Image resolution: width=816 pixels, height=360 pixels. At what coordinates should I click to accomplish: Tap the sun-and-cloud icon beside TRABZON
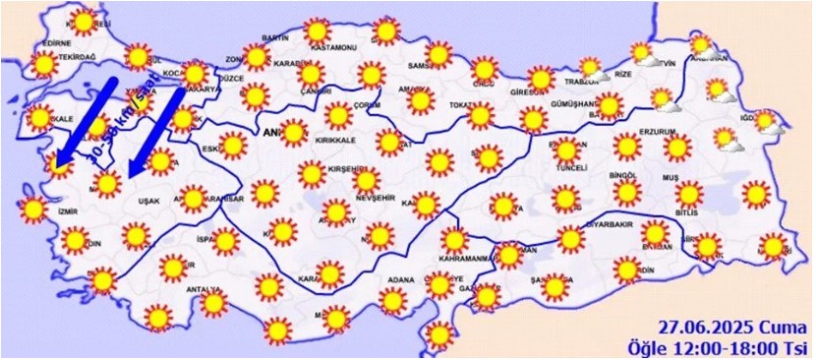[592, 69]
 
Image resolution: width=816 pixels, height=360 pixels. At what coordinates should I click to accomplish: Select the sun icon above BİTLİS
[689, 193]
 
